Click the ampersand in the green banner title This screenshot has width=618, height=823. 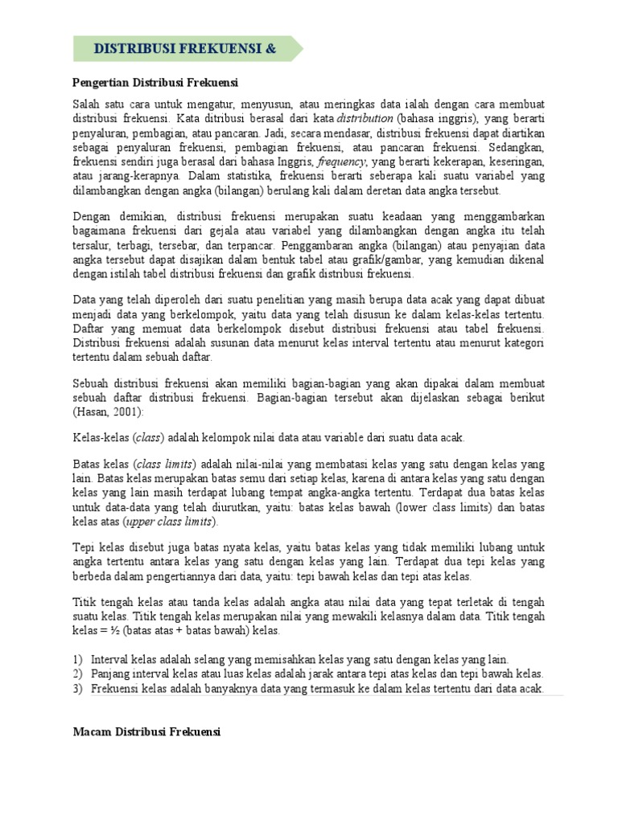click(270, 49)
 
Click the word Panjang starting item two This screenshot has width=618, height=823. click(110, 674)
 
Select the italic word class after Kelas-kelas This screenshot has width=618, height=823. click(148, 438)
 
